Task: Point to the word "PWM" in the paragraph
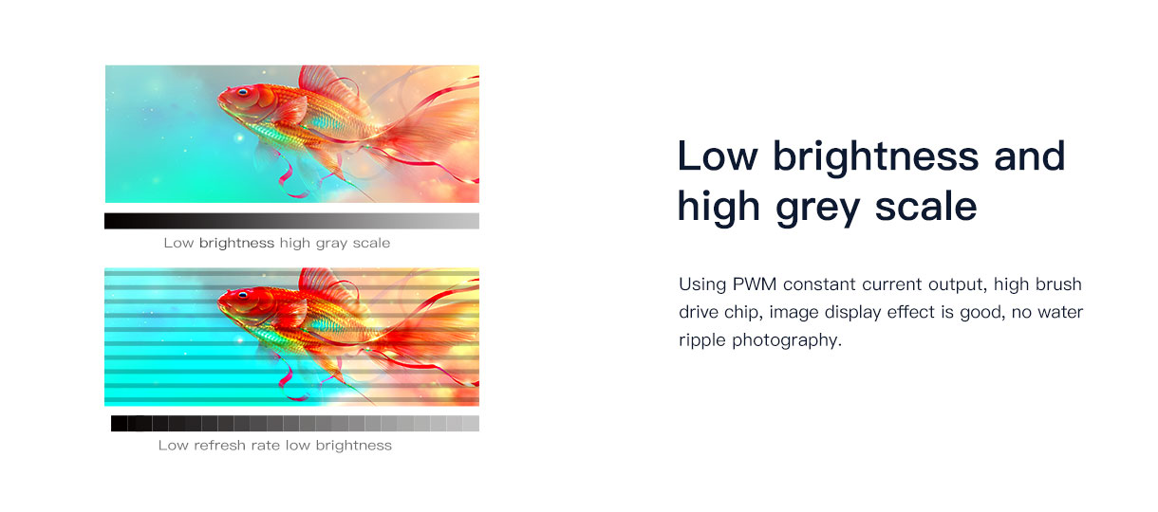point(755,284)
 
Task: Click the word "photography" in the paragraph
point(787,341)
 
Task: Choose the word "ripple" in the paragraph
point(702,341)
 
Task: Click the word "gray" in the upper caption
point(331,244)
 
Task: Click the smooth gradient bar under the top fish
point(291,221)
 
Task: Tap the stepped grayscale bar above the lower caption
point(294,423)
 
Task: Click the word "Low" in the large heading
point(719,156)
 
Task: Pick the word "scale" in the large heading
point(925,207)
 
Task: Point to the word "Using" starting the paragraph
point(702,285)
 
